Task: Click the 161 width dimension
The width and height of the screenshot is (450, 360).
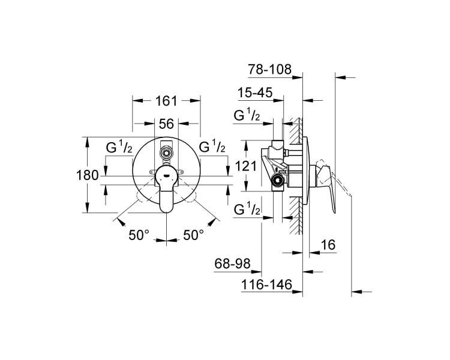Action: (x=166, y=101)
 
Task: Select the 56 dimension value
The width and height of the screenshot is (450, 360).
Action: (x=166, y=124)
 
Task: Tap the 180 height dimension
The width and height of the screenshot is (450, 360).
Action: (x=87, y=175)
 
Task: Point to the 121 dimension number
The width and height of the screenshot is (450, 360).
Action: (x=245, y=166)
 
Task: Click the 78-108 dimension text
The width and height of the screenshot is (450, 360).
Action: (x=270, y=69)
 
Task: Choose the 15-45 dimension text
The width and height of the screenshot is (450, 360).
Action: (x=255, y=93)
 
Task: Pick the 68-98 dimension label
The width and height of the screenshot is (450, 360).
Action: (x=232, y=263)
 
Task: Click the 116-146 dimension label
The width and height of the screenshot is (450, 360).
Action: (x=266, y=285)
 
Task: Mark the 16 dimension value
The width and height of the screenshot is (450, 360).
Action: (x=328, y=245)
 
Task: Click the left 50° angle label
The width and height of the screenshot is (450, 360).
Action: (x=139, y=235)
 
